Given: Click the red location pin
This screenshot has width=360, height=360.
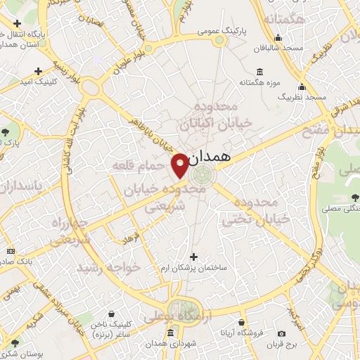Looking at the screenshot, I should pos(180,165).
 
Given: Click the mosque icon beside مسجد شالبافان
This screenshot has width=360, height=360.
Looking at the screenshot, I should pos(279,38).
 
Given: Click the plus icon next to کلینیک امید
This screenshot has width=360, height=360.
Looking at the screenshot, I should pos(38,70).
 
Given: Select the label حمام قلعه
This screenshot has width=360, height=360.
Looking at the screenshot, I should pos(138,165).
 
